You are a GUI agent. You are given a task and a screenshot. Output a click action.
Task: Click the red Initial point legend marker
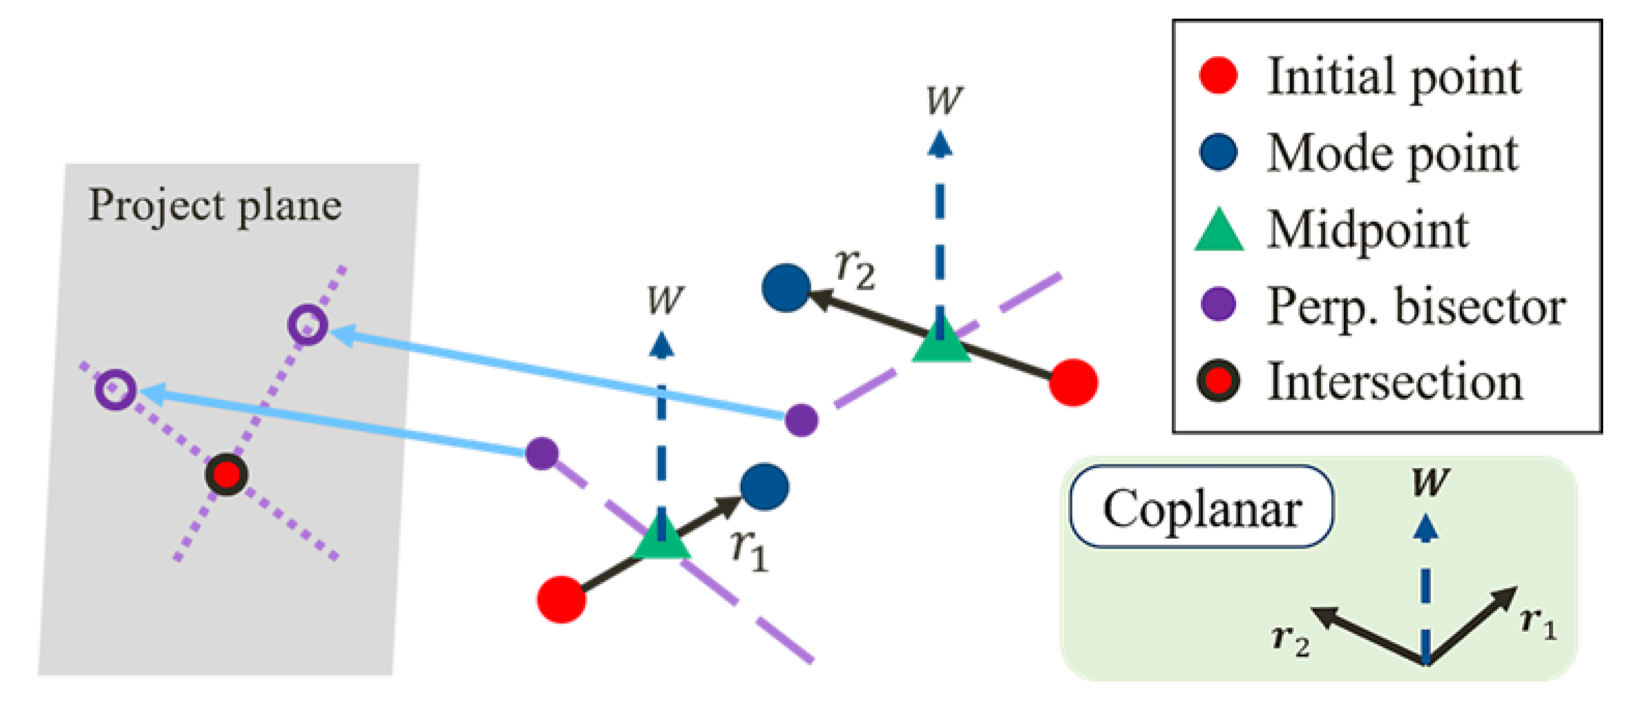[x=1218, y=76]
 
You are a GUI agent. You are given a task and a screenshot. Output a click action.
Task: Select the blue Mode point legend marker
[x=1218, y=152]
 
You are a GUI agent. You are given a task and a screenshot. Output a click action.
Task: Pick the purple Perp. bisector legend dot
[x=1218, y=305]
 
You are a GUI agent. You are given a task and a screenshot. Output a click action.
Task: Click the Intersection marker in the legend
[x=1218, y=381]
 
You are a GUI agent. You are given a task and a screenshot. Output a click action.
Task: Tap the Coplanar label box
[x=1201, y=507]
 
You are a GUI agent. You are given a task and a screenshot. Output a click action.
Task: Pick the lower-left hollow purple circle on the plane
[x=116, y=389]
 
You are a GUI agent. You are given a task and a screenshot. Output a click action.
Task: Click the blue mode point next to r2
[x=786, y=288]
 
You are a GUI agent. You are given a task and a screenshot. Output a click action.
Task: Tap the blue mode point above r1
[x=765, y=487]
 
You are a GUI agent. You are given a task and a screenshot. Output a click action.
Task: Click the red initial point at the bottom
[x=561, y=599]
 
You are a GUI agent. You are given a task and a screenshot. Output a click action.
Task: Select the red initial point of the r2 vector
[x=1073, y=383]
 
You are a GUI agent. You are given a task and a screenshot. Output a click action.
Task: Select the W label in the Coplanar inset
[x=1430, y=482]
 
